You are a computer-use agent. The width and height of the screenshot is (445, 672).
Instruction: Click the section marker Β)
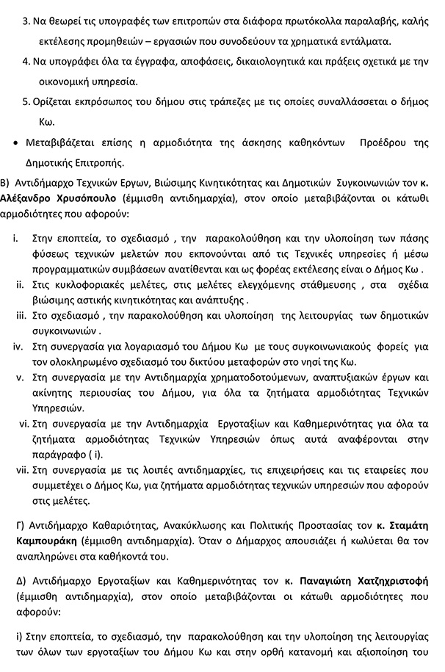[7, 181]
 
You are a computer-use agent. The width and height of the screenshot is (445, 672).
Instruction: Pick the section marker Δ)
[20, 582]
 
